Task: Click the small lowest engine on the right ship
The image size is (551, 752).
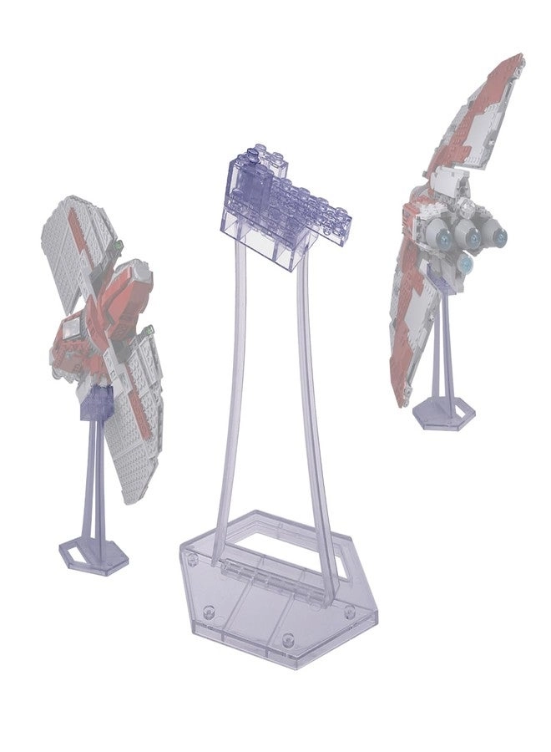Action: pyautogui.click(x=465, y=265)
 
